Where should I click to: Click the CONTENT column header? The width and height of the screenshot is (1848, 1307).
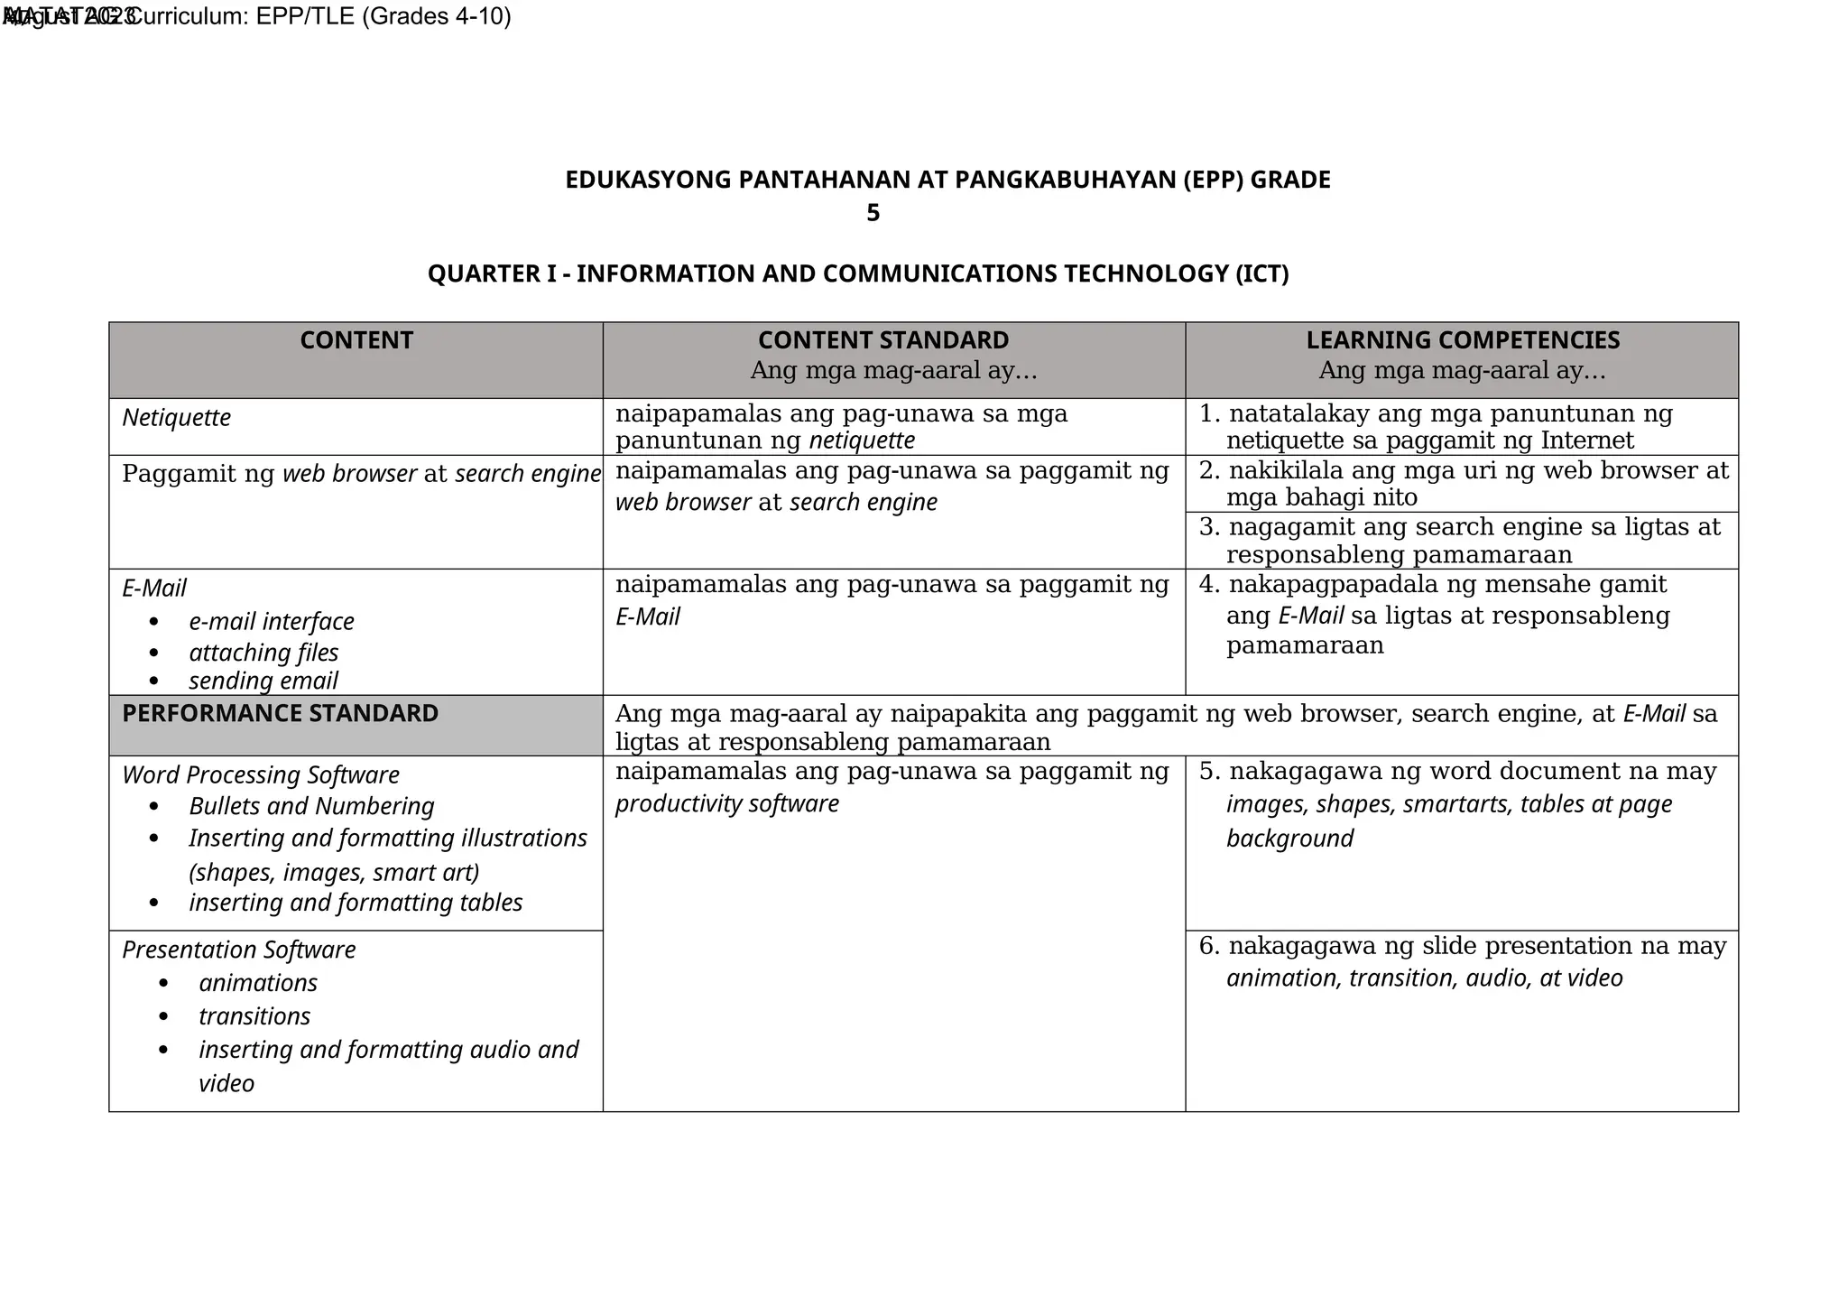pyautogui.click(x=356, y=340)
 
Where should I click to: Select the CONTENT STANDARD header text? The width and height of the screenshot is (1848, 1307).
pyautogui.click(x=882, y=340)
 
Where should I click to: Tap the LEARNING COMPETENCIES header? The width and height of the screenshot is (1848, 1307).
pyautogui.click(x=1462, y=340)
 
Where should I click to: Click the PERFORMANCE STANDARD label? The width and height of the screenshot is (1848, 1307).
pyautogui.click(x=280, y=713)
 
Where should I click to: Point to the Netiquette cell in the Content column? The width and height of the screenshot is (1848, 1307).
pyautogui.click(x=177, y=418)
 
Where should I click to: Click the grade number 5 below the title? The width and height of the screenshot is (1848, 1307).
pyautogui.click(x=873, y=213)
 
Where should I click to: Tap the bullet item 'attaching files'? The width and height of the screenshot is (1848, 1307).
pyautogui.click(x=263, y=653)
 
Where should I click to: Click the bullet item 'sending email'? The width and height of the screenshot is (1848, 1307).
pyautogui.click(x=263, y=681)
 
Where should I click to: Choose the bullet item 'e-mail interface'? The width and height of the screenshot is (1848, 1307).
pyautogui.click(x=272, y=622)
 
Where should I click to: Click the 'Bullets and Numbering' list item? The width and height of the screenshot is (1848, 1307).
pyautogui.click(x=311, y=806)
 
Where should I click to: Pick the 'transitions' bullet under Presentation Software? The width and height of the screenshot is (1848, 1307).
pyautogui.click(x=254, y=1016)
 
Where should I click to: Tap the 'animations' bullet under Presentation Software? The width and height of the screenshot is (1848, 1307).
pyautogui.click(x=258, y=983)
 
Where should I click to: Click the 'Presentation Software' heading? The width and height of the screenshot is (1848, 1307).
pyautogui.click(x=239, y=950)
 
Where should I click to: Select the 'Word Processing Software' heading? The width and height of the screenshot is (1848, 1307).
pyautogui.click(x=261, y=775)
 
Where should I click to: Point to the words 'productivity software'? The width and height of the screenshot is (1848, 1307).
pyautogui.click(x=727, y=803)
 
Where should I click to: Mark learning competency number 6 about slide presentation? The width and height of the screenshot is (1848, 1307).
pyautogui.click(x=1462, y=961)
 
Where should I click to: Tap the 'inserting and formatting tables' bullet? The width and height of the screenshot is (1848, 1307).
pyautogui.click(x=356, y=903)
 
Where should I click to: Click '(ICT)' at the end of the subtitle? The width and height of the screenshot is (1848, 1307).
pyautogui.click(x=1261, y=273)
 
